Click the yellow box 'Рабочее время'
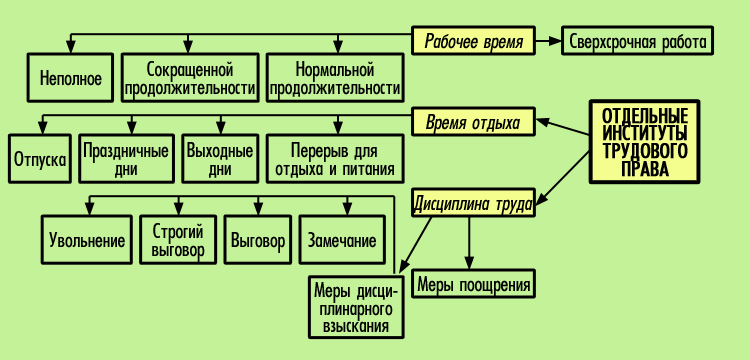pyautogui.click(x=473, y=41)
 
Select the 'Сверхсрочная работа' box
pyautogui.click(x=637, y=41)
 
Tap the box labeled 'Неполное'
pyautogui.click(x=70, y=79)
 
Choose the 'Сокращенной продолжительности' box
pyautogui.click(x=190, y=79)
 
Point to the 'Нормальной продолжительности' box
pyautogui.click(x=335, y=79)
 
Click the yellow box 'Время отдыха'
pyautogui.click(x=473, y=123)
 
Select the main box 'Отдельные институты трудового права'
pyautogui.click(x=645, y=141)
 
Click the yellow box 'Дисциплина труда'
pyautogui.click(x=473, y=203)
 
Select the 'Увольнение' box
pyautogui.click(x=87, y=240)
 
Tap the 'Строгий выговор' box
pyautogui.click(x=177, y=240)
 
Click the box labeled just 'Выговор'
pyautogui.click(x=258, y=240)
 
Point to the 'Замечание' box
pyautogui.click(x=342, y=240)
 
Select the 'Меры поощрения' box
pyautogui.click(x=473, y=285)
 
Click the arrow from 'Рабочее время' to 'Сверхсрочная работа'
pyautogui.click(x=548, y=41)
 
